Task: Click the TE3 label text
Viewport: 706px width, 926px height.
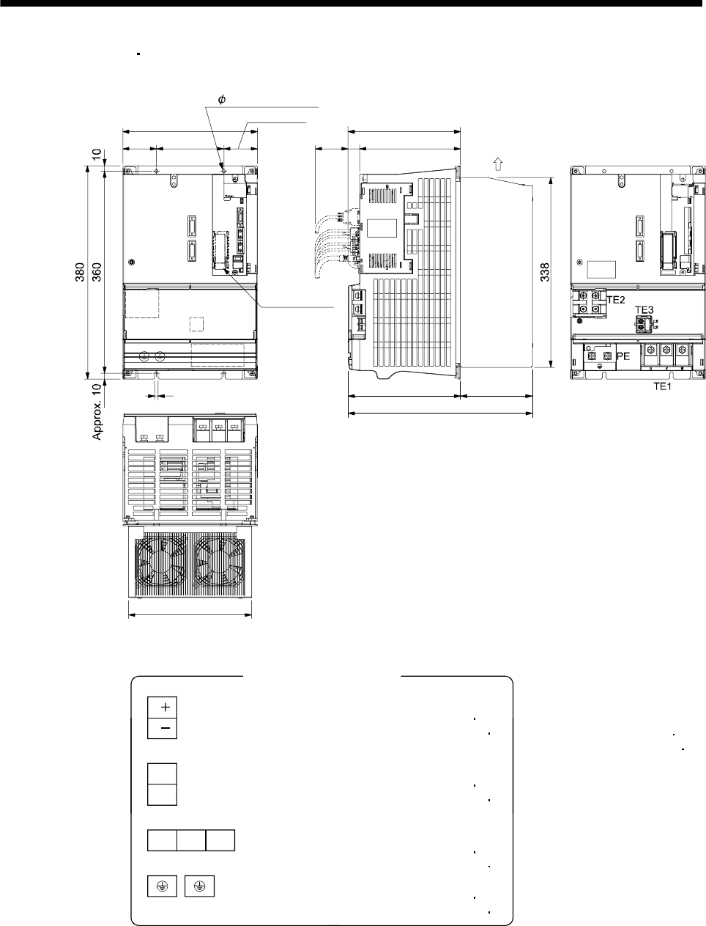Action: point(644,310)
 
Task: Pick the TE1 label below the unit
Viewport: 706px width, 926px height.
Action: point(663,386)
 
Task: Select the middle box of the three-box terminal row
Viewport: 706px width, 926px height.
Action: point(191,841)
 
